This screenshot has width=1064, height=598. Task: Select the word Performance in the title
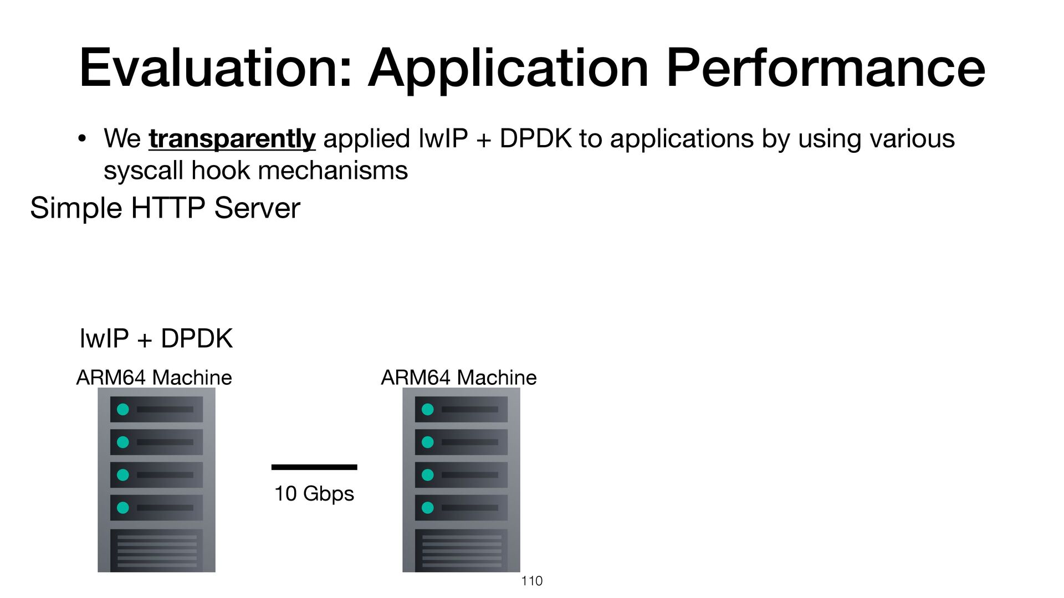click(x=826, y=68)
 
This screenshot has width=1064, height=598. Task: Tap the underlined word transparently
click(x=232, y=139)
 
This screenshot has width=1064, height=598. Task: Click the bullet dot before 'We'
click(x=82, y=139)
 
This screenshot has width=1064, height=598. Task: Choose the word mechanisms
click(x=333, y=171)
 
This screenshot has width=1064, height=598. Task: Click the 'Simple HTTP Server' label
click(x=165, y=208)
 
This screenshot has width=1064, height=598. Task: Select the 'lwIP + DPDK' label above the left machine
click(x=156, y=338)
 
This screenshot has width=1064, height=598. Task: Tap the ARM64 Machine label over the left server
click(x=154, y=378)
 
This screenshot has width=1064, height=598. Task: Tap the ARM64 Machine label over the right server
click(x=459, y=378)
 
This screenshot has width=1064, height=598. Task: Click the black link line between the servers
click(x=314, y=467)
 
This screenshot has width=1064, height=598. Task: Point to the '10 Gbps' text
click(x=314, y=493)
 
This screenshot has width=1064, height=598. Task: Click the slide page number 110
click(x=532, y=581)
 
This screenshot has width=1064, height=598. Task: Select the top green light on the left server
click(x=123, y=409)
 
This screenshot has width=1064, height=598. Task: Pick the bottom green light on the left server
click(x=123, y=507)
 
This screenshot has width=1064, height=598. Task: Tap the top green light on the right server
click(x=428, y=409)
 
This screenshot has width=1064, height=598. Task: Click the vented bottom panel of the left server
click(x=157, y=550)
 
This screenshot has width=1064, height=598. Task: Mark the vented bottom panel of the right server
click(x=462, y=550)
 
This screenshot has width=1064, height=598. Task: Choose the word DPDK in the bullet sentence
click(x=535, y=139)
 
